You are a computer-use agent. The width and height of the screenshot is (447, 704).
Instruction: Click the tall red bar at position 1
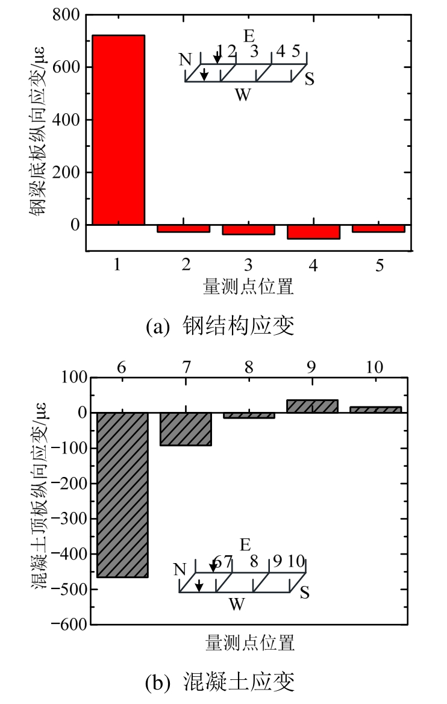[x=119, y=129]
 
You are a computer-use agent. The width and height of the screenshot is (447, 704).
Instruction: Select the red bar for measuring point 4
[x=313, y=232]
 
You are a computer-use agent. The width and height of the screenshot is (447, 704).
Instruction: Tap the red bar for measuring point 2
[x=183, y=228]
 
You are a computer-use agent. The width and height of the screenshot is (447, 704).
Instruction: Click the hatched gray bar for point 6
[x=123, y=494]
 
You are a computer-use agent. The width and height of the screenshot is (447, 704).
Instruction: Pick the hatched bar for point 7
[x=186, y=429]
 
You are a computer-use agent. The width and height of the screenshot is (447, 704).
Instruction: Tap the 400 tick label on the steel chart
[x=68, y=120]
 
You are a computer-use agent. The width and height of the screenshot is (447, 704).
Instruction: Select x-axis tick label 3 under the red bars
[x=249, y=266]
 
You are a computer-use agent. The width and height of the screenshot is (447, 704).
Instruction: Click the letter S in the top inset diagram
[x=309, y=79]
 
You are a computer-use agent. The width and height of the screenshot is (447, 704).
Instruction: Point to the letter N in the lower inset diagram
[x=179, y=569]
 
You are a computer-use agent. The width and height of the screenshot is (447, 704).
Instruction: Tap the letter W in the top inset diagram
[x=242, y=95]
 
